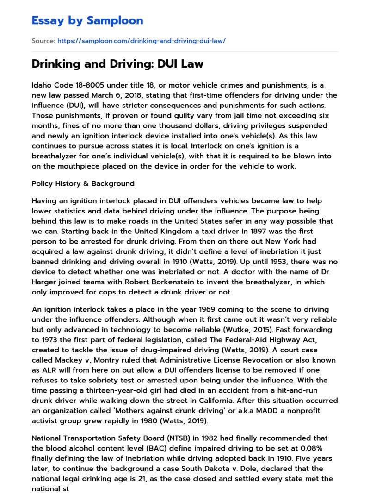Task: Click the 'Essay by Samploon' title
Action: coord(87,20)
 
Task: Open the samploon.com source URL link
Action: coord(141,41)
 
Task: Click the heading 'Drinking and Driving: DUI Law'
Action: coord(117,64)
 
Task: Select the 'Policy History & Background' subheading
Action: coord(83,183)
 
